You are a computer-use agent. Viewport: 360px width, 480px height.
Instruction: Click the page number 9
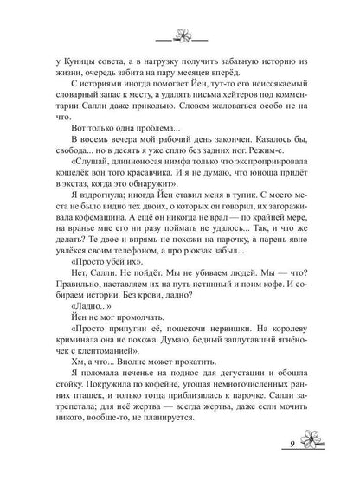tap(306, 451)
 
